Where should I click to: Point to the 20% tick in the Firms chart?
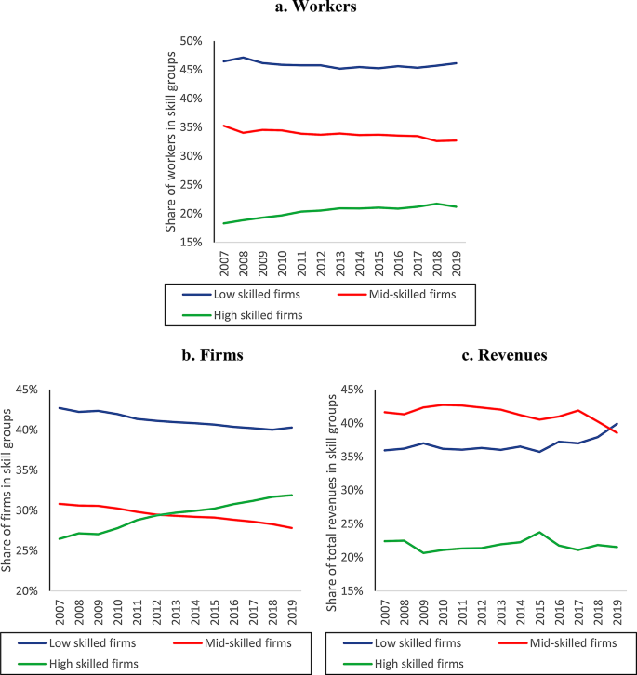coord(27,591)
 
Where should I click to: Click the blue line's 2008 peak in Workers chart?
coord(244,58)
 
